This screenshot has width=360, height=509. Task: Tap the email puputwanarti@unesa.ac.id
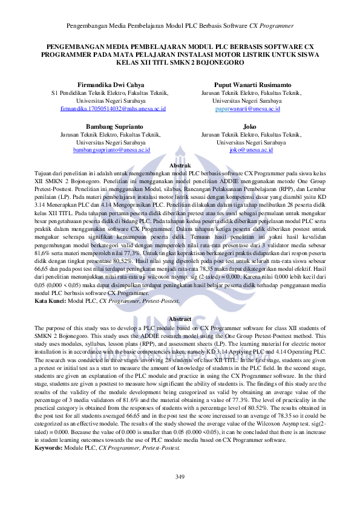coord(247,109)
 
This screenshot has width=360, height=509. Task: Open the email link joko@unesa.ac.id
coord(250,149)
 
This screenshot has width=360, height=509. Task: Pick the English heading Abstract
coord(180,319)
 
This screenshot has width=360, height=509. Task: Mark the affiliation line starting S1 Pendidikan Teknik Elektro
coord(109,93)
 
